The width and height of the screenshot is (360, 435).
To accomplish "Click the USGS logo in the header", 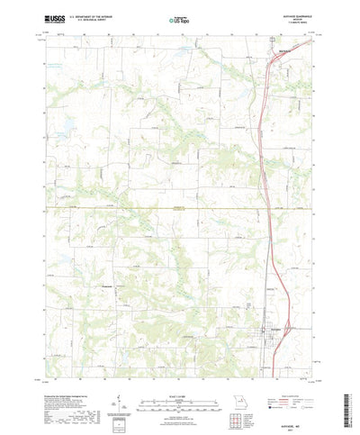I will point(54,18).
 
